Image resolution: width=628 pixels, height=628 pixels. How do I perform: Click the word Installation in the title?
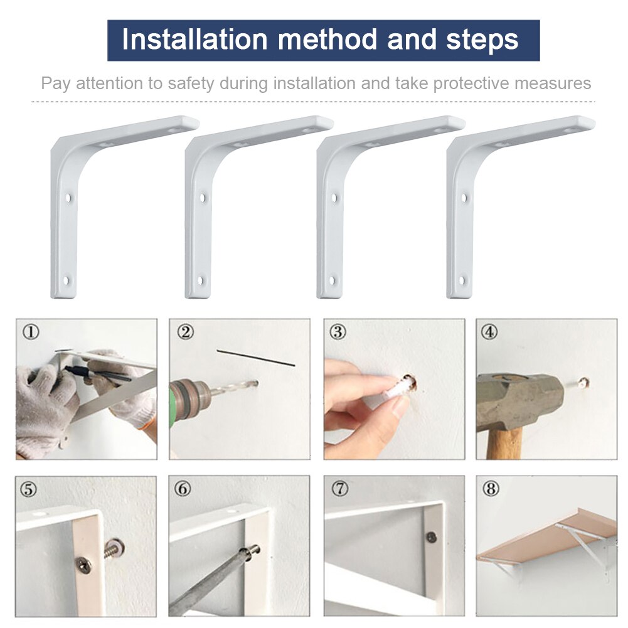pos(194,40)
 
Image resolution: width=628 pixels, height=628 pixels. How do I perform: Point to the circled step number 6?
pos(183,488)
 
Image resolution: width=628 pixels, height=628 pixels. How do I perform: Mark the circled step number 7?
pos(338,488)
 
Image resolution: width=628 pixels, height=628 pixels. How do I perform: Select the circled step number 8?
pos(490,488)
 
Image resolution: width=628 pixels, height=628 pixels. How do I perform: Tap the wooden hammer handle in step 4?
pos(504,442)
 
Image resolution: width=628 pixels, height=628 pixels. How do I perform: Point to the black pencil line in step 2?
pos(255,358)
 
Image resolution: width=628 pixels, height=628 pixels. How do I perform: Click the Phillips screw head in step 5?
pos(83,563)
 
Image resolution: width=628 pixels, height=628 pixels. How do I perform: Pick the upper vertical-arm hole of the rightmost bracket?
pos(464,198)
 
